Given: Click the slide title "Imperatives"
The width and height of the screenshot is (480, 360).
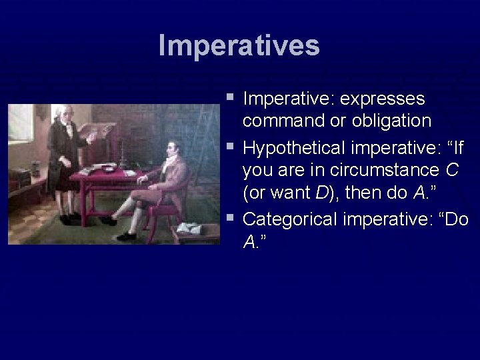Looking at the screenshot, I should [239, 45].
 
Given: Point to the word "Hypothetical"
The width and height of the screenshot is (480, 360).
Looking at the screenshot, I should [297, 147].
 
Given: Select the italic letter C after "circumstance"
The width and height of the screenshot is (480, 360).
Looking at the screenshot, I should [452, 170].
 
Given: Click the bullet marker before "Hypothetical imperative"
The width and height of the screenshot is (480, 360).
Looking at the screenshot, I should [231, 145].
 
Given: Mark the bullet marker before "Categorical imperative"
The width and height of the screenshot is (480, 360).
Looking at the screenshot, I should [231, 216].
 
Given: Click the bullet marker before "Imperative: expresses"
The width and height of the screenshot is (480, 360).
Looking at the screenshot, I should [231, 97].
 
